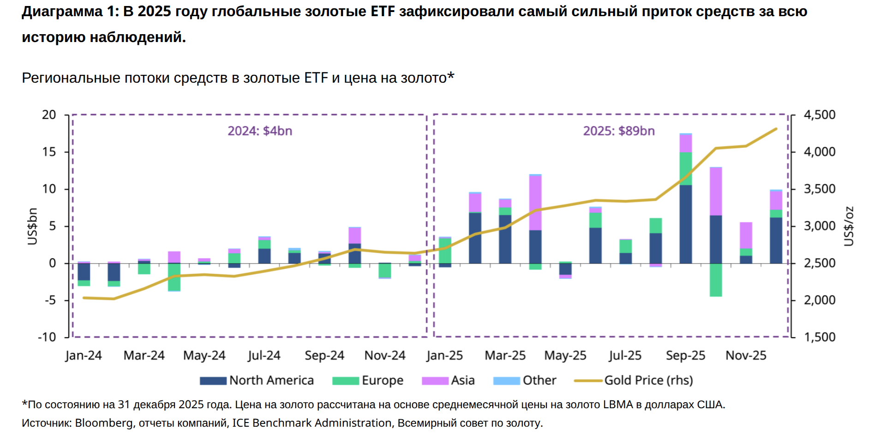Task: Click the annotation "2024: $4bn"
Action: pyautogui.click(x=260, y=131)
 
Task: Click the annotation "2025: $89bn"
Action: pyautogui.click(x=618, y=131)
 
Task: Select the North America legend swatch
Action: pyautogui.click(x=213, y=381)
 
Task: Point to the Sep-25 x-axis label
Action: pyautogui.click(x=685, y=356)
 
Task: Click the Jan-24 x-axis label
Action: pyautogui.click(x=84, y=356)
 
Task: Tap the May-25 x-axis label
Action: pyautogui.click(x=565, y=356)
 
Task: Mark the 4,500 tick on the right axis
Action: pyautogui.click(x=819, y=115)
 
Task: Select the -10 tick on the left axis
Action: pyautogui.click(x=47, y=337)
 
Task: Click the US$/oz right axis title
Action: pyautogui.click(x=848, y=226)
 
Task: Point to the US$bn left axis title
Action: pyautogui.click(x=32, y=226)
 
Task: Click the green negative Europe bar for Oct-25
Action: pyautogui.click(x=716, y=280)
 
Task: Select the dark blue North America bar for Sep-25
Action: pyautogui.click(x=686, y=224)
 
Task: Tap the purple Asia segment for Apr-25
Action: pyautogui.click(x=535, y=203)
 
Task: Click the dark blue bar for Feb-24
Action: pyautogui.click(x=114, y=272)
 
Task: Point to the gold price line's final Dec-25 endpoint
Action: pyautogui.click(x=776, y=129)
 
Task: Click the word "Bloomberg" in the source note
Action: pyautogui.click(x=104, y=423)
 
